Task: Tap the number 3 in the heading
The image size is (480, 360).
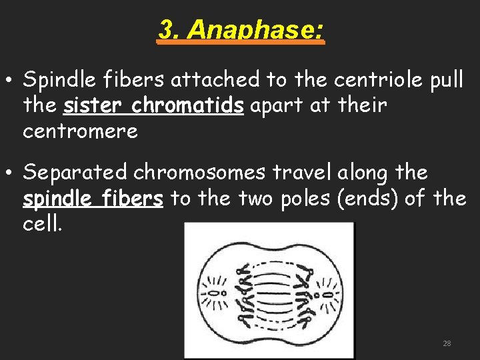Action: pos(167,30)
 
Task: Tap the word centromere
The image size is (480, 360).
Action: pos(80,131)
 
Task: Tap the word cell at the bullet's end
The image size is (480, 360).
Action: pos(41,224)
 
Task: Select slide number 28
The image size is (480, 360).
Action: pos(447,343)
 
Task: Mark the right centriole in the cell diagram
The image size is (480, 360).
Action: pos(328,293)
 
